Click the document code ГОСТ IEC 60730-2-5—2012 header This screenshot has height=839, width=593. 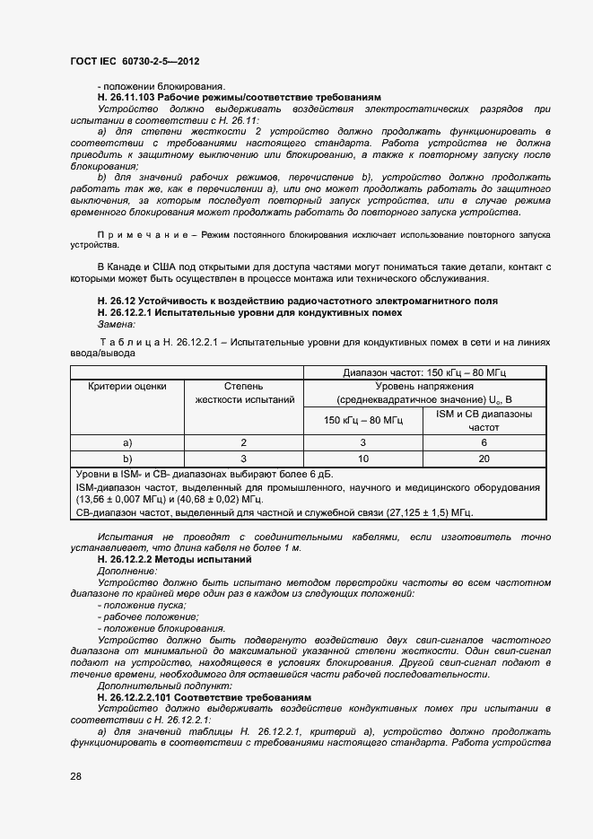coord(134,62)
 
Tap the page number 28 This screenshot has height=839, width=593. coord(76,776)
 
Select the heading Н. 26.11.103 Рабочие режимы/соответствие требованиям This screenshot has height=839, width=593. coord(239,96)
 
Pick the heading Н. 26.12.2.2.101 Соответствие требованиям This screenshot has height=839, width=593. coord(204,696)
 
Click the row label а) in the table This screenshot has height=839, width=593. coord(127,442)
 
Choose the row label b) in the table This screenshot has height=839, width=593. coord(127,458)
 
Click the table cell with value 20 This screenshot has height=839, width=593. coord(484,458)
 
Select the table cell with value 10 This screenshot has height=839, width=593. coord(363,458)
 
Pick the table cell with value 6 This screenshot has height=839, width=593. coord(484,442)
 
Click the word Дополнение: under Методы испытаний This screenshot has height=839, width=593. coord(126,571)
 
